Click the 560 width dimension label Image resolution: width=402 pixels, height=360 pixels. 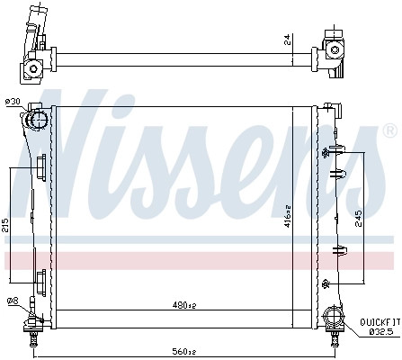coord(183,351)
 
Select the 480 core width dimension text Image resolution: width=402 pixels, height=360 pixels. coord(184,305)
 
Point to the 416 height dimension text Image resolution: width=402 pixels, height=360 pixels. coord(288,216)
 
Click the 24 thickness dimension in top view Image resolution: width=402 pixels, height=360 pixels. coord(287,40)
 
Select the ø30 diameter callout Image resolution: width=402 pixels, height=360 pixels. coord(13,102)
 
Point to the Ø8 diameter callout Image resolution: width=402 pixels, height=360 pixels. coord(13,300)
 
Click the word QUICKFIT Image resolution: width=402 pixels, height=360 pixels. coord(380,322)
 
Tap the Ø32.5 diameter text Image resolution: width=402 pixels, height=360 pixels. coord(380,332)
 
